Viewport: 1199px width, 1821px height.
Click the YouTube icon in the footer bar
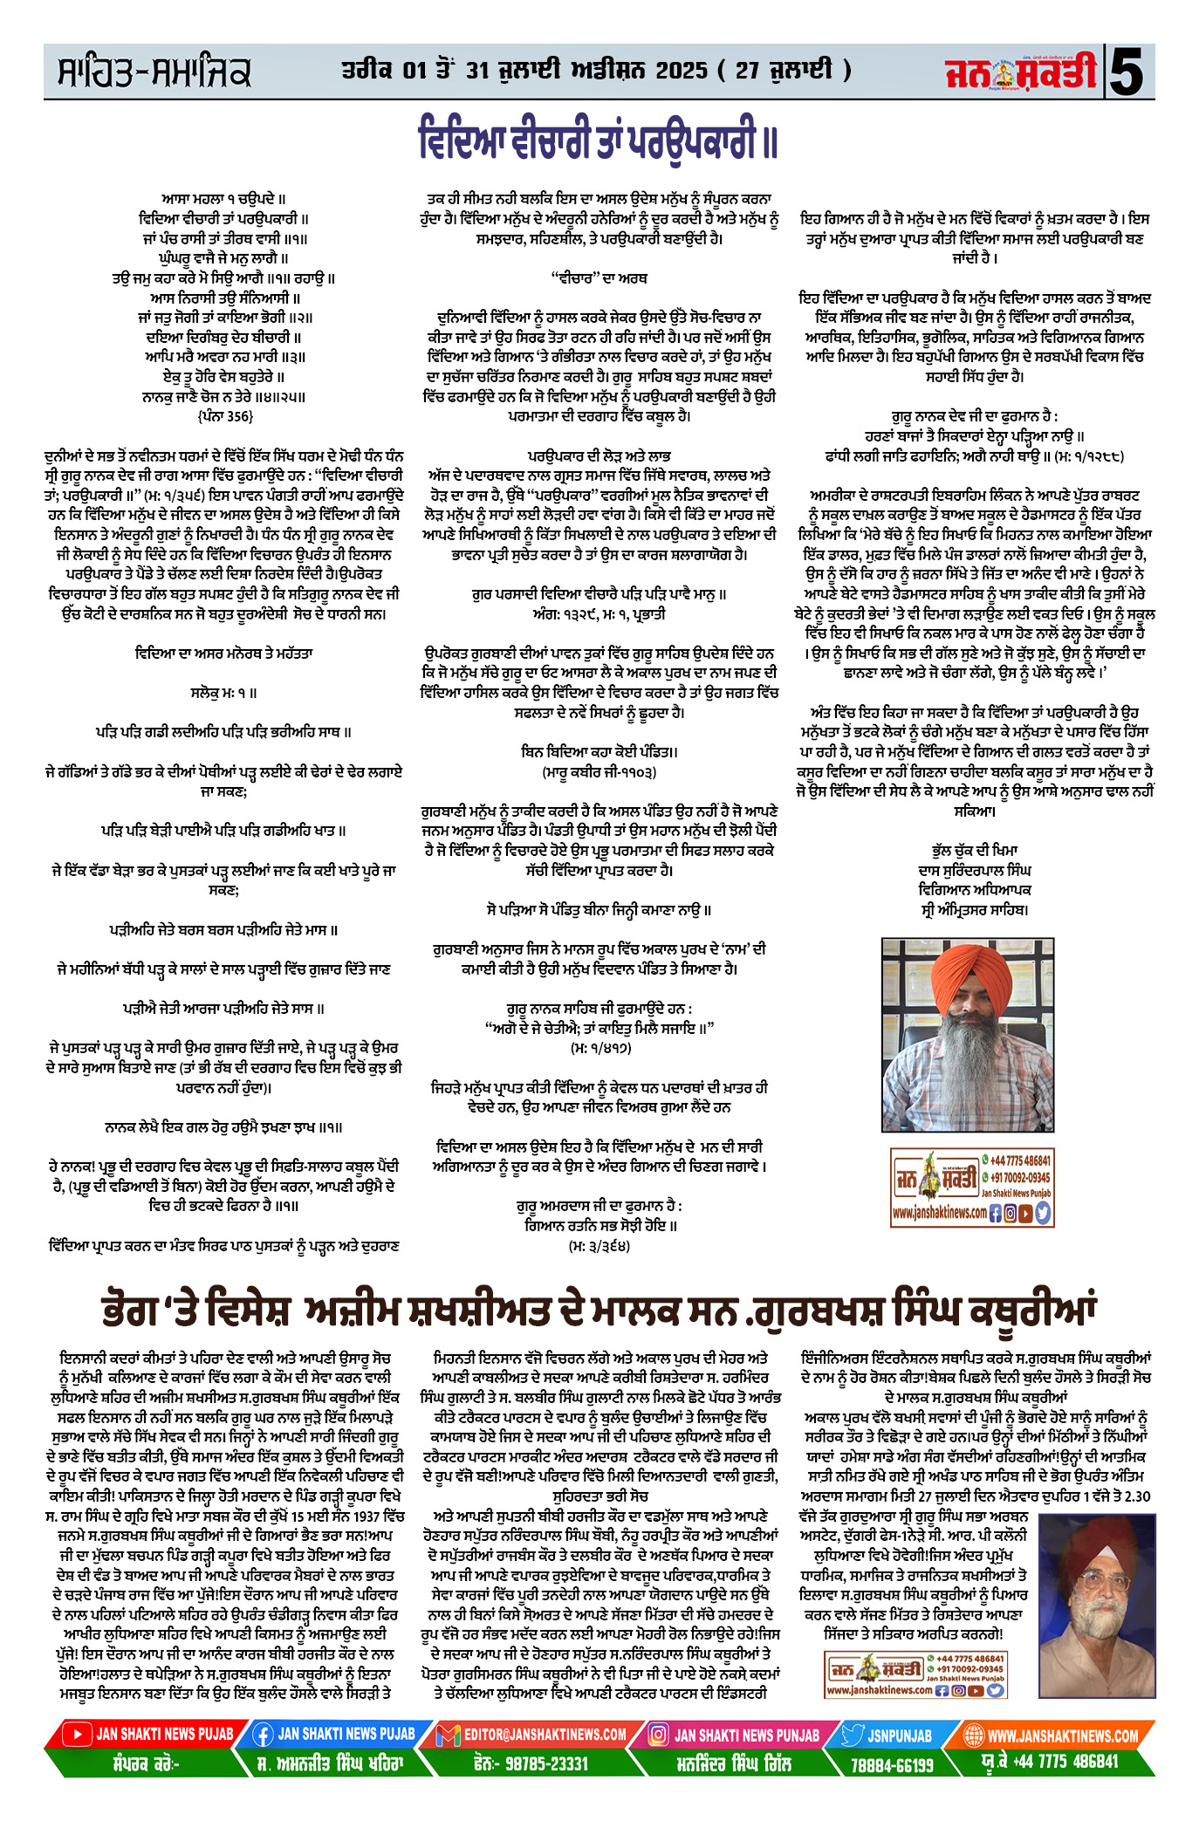[x=79, y=1735]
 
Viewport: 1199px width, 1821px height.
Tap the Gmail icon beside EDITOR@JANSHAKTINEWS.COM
[x=448, y=1735]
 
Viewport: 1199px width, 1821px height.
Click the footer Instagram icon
[x=660, y=1735]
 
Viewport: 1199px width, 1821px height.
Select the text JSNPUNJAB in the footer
[x=900, y=1735]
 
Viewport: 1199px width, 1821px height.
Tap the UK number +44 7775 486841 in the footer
[x=1063, y=1762]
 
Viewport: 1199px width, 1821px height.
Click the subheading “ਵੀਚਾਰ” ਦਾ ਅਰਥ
[x=599, y=277]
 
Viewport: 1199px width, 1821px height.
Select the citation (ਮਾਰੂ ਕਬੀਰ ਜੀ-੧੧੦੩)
[x=599, y=771]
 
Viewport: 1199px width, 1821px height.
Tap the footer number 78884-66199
[x=891, y=1764]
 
